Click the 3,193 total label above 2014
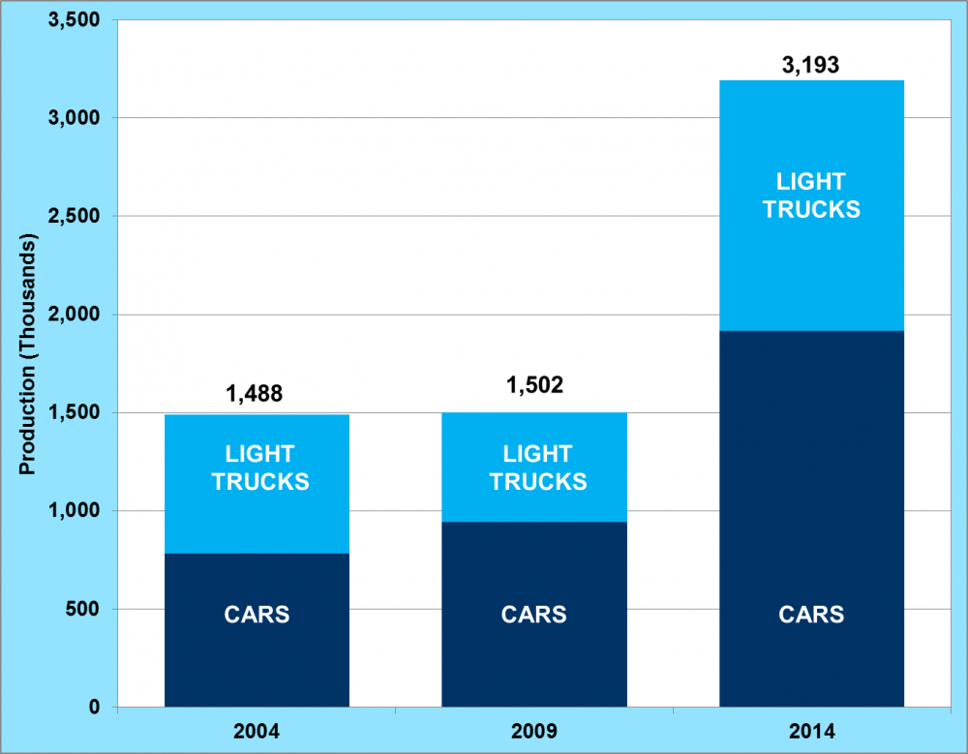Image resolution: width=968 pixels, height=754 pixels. (811, 66)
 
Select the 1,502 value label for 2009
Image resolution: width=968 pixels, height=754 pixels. (534, 385)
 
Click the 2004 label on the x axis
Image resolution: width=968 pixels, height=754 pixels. (257, 730)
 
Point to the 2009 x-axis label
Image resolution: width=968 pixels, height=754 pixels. (534, 730)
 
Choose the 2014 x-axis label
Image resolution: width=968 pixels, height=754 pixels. (811, 730)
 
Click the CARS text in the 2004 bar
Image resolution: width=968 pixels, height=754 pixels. (257, 615)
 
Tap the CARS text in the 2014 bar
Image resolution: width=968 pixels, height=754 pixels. (811, 615)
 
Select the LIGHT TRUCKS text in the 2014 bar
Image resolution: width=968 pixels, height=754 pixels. (811, 196)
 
